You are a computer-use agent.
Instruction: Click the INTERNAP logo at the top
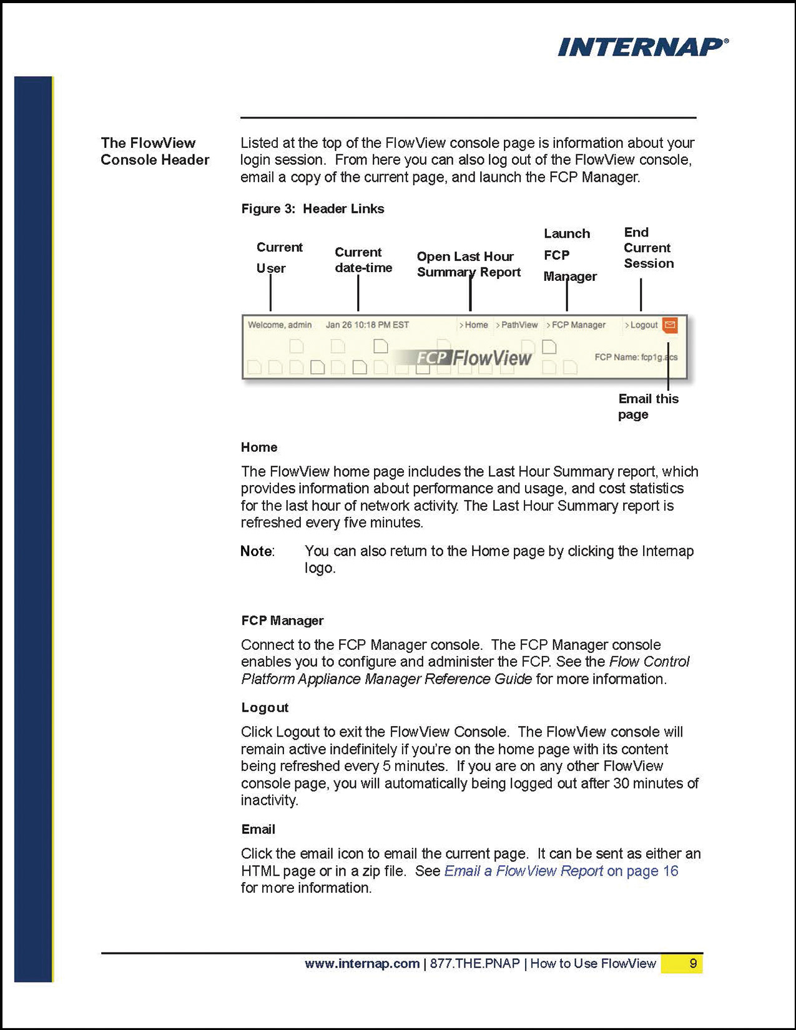click(642, 47)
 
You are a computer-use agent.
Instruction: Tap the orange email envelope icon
click(670, 325)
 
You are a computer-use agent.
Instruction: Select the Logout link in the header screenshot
click(644, 325)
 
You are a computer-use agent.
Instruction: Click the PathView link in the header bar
click(519, 325)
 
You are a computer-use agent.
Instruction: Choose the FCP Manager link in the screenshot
click(578, 325)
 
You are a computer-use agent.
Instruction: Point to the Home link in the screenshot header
click(476, 325)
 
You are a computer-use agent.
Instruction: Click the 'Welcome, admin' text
click(280, 325)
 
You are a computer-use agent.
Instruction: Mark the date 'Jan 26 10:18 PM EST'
click(367, 325)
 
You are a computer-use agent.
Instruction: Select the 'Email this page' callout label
click(647, 406)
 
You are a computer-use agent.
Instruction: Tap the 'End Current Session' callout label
click(648, 248)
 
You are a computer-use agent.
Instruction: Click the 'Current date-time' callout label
click(363, 260)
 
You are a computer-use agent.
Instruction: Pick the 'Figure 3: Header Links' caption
click(313, 209)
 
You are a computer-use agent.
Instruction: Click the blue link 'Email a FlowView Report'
click(523, 871)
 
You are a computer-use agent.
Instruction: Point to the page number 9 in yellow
click(692, 964)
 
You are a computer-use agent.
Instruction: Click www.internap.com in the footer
click(362, 964)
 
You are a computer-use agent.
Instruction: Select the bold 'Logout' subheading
click(265, 707)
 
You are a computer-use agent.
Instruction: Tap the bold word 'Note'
click(257, 551)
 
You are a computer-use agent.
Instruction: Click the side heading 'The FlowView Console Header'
click(154, 152)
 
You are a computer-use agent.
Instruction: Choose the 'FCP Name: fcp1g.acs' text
click(636, 357)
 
